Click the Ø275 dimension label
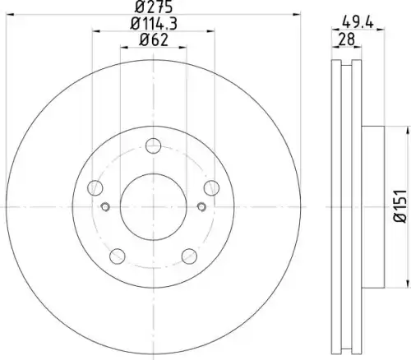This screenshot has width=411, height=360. [154, 7]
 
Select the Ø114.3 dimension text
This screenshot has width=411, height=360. [154, 24]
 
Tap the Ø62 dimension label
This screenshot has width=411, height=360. [154, 40]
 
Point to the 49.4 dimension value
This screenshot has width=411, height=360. [358, 22]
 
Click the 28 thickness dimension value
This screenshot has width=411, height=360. [347, 39]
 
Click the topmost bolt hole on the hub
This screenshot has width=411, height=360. [153, 145]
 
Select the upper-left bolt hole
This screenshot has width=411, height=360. [95, 188]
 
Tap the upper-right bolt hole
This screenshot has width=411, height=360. [211, 188]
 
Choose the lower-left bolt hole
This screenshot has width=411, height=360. [118, 256]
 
